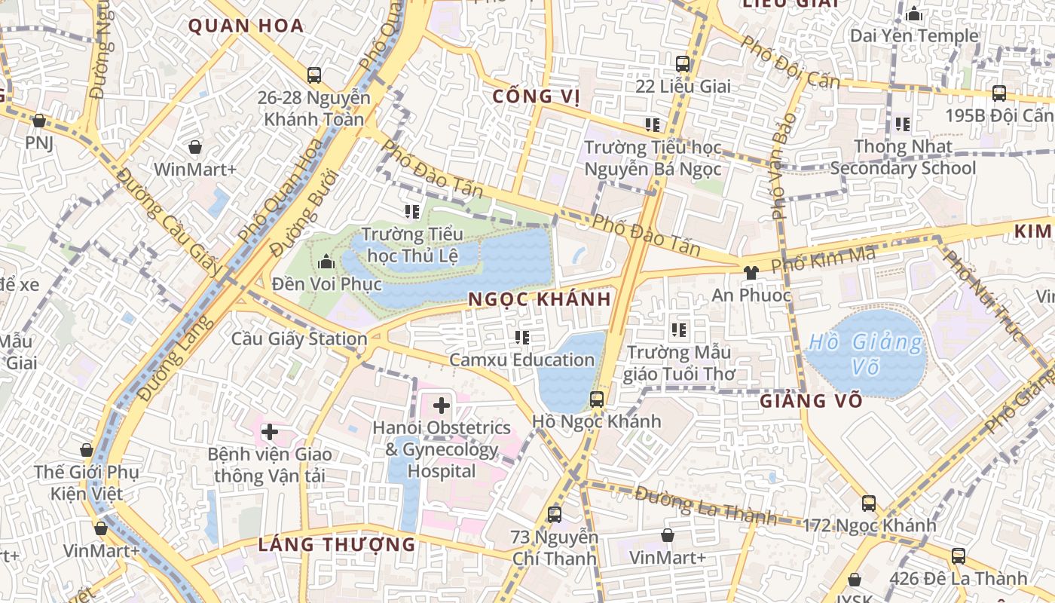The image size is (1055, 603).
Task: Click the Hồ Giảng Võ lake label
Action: pos(864,354)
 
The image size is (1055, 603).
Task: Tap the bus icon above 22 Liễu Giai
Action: pos(683,64)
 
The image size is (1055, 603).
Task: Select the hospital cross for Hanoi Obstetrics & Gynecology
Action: pos(441,406)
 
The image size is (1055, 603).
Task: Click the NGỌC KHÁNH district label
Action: pos(539,299)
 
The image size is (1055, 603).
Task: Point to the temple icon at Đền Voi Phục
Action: pos(326,262)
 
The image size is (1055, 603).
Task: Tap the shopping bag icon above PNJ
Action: pos(39,120)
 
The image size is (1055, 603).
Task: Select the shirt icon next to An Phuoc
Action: pos(751,272)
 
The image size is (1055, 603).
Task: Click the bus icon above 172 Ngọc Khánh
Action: pos(869,503)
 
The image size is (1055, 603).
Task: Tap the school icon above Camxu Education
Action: pos(521,337)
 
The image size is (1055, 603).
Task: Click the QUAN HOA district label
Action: pos(246,26)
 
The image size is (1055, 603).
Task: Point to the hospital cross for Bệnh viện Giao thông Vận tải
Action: pos(269,433)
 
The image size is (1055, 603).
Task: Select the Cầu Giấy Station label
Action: pos(299,338)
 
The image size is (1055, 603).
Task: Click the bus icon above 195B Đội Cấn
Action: pos(998,93)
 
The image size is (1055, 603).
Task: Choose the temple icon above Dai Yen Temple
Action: pos(914,14)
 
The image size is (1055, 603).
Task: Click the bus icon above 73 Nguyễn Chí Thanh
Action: pos(555,515)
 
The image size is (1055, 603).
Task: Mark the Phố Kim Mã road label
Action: pos(824,260)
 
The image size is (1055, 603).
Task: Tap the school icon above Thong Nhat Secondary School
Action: pos(902,124)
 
